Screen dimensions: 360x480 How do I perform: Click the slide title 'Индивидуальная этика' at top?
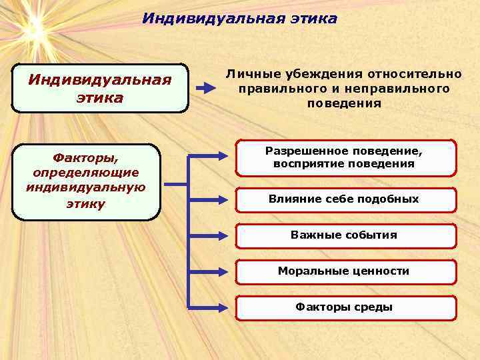[239, 19]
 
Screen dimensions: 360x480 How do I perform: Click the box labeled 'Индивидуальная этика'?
[100, 88]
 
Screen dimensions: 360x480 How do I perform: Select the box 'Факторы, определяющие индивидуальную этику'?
[86, 181]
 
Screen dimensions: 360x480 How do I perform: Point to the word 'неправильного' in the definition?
[408, 89]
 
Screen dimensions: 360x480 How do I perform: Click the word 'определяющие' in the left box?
[86, 173]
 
